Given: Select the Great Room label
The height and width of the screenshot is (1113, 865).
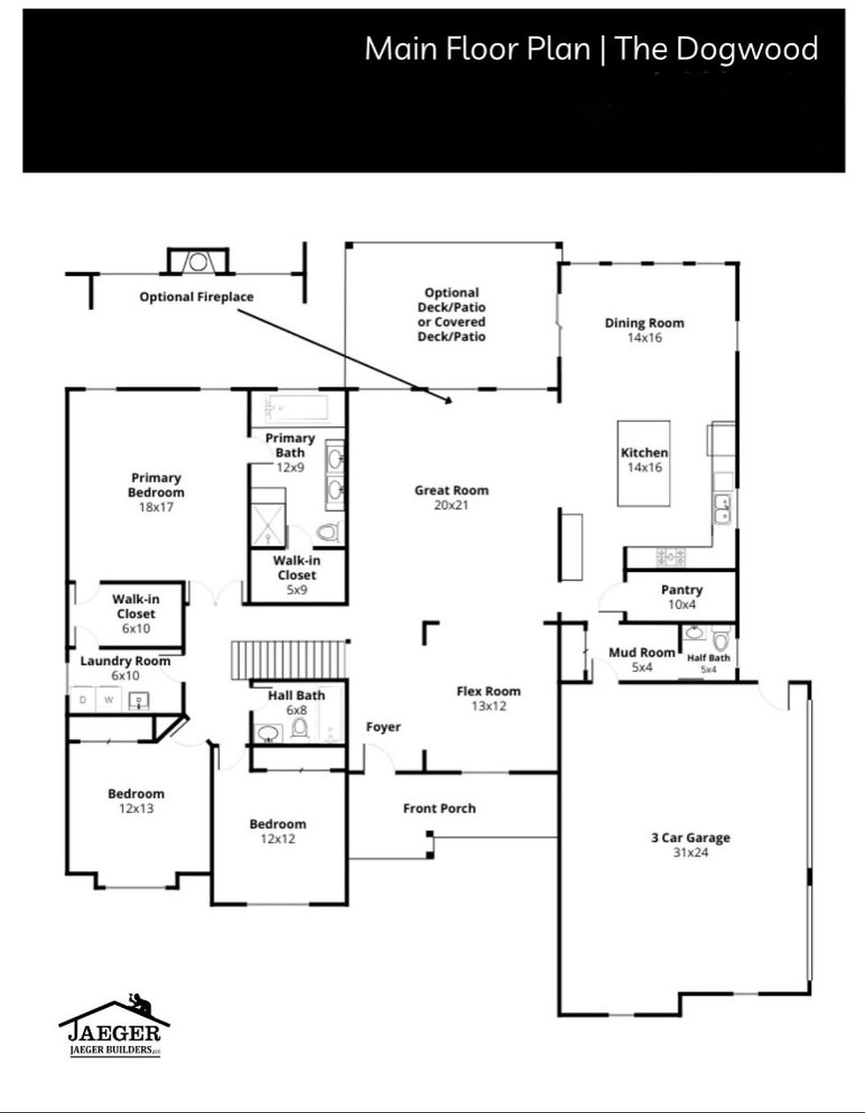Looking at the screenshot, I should (451, 491).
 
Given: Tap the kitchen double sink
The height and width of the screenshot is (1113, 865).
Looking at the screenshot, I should (721, 509).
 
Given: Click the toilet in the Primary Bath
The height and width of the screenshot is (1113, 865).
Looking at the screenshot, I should (328, 532).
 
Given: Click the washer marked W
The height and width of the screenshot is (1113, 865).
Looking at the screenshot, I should (109, 700).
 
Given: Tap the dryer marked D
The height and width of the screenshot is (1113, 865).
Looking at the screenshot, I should (84, 700).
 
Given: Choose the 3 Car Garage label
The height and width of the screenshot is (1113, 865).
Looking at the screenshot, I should (690, 839).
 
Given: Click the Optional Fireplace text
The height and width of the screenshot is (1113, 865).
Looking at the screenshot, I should (196, 297).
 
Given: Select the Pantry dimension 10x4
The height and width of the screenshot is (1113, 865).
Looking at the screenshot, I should (681, 605).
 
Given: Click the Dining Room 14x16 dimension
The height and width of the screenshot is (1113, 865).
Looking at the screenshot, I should (644, 337).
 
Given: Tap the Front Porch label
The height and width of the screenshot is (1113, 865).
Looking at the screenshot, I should (439, 808).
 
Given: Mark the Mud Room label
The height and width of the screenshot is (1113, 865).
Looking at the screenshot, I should (642, 653).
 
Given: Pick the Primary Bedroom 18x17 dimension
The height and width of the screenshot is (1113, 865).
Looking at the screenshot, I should (156, 508).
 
